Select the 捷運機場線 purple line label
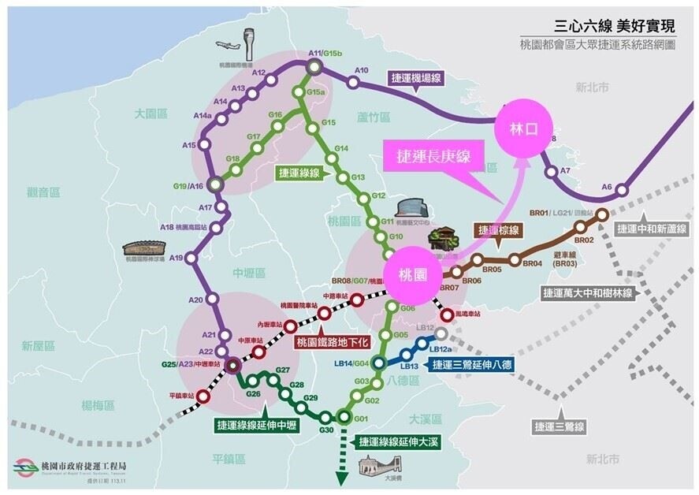417,78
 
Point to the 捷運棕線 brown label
498,229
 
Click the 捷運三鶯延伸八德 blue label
472,365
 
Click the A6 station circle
622,190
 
